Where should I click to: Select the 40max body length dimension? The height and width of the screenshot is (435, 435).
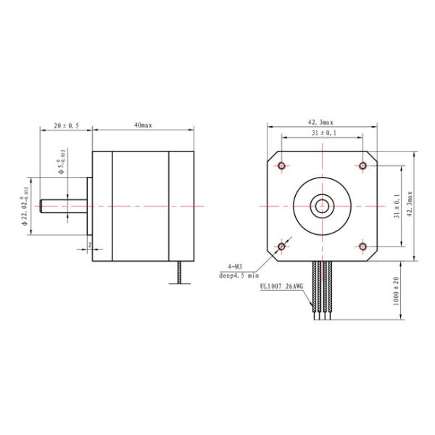142,125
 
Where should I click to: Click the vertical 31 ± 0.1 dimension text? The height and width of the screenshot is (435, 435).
397,206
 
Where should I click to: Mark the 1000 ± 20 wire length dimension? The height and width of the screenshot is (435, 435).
397,291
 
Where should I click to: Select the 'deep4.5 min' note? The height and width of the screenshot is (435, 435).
239,275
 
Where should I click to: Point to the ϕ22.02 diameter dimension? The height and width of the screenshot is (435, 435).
25,206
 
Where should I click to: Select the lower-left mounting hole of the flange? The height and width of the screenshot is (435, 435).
281,247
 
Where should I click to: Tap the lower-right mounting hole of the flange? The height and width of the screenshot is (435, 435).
362,247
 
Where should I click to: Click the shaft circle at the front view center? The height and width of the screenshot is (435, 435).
321,206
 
